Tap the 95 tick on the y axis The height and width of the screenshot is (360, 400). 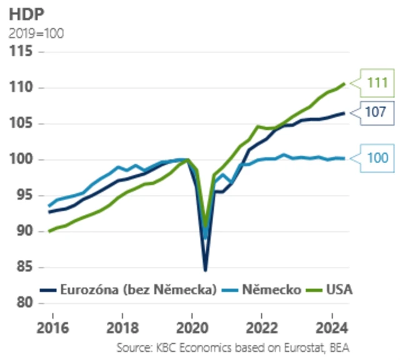21,196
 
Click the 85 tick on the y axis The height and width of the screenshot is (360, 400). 21,267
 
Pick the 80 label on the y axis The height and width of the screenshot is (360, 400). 21,303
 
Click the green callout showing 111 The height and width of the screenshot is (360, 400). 377,82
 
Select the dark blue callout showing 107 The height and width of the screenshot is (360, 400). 377,112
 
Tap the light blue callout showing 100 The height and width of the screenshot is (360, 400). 377,159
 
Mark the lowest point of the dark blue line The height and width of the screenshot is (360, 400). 206,270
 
